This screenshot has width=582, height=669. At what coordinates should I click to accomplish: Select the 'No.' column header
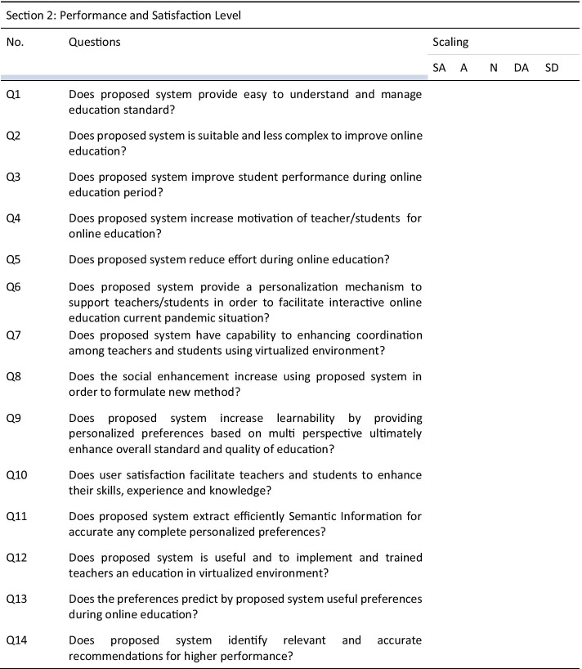point(15,42)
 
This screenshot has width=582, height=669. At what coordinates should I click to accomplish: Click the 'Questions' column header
point(95,42)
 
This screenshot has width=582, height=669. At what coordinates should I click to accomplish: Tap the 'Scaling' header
point(450,42)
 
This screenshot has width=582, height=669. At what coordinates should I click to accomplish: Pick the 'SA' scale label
point(439,68)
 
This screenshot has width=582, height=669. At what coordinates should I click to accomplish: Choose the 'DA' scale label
point(521,68)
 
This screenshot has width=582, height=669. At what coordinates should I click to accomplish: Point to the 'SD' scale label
point(552,68)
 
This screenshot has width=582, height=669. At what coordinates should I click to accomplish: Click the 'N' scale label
point(493,68)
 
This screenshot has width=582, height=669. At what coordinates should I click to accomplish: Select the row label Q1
point(13,94)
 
